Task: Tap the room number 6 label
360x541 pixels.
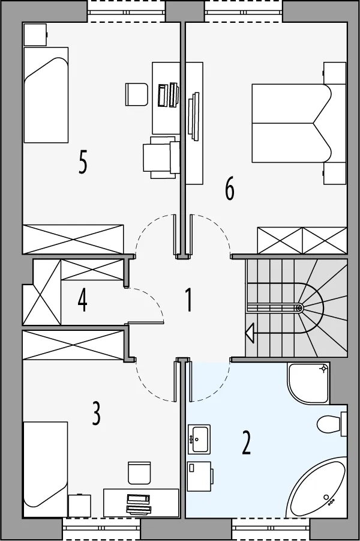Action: click(229, 189)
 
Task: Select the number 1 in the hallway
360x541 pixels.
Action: click(188, 300)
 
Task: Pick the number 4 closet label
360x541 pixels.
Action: click(82, 300)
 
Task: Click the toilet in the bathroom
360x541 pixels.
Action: click(331, 424)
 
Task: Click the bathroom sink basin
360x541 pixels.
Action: click(199, 439)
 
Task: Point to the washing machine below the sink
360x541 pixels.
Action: click(200, 477)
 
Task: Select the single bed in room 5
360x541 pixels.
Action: click(46, 95)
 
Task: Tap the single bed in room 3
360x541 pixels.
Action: click(45, 469)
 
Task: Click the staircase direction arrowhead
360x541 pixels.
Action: click(250, 333)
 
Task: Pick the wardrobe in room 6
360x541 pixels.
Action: click(302, 241)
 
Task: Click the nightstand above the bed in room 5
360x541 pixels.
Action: click(35, 34)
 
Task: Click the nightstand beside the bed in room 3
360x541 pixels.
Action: click(80, 506)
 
